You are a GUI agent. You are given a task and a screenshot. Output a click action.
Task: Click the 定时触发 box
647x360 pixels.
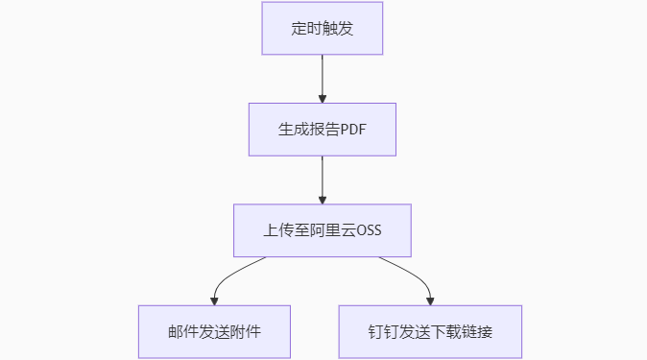click(323, 29)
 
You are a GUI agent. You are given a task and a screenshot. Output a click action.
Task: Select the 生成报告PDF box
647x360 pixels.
click(323, 130)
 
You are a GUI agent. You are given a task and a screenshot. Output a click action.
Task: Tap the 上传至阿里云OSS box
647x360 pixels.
click(323, 230)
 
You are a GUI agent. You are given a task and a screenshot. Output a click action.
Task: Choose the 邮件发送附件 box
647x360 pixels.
click(214, 331)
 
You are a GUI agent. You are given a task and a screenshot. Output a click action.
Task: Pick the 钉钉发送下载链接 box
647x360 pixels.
click(430, 331)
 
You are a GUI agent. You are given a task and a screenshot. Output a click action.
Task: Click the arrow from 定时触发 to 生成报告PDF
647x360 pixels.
click(323, 77)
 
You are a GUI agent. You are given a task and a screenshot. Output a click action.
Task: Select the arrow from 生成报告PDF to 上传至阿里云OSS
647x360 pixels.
click(323, 178)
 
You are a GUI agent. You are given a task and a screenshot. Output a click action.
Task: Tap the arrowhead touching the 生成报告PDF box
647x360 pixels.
click(323, 99)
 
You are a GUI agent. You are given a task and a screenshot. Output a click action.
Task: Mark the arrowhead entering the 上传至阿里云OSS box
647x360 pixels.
click(323, 199)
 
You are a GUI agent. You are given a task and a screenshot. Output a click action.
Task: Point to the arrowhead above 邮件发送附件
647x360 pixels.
click(214, 300)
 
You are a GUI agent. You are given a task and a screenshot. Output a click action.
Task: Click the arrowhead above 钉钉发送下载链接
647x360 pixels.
click(430, 300)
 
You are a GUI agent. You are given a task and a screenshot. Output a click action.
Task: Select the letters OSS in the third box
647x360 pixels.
click(370, 230)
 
